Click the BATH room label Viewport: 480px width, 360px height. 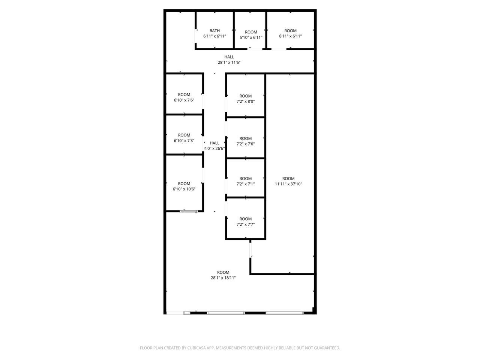214,31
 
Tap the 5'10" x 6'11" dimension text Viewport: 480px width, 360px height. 251,37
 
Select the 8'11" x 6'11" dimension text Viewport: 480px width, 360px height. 290,36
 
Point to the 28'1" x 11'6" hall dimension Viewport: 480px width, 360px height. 229,62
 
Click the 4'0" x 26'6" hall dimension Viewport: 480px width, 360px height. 214,148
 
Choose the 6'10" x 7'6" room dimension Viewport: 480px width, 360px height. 184,100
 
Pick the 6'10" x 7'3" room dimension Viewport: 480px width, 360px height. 184,141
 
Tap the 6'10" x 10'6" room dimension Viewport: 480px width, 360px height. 184,189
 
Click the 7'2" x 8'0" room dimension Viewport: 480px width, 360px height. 245,101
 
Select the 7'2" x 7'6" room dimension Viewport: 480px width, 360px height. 245,144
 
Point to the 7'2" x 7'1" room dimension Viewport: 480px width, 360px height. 245,184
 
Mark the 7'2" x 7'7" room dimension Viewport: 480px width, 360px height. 245,224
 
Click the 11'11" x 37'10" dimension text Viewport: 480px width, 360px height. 288,184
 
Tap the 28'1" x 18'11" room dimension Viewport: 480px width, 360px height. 223,278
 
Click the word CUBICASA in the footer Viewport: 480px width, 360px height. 197,348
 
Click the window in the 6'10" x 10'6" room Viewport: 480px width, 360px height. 189,211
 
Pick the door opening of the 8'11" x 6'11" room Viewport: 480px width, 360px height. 279,49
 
